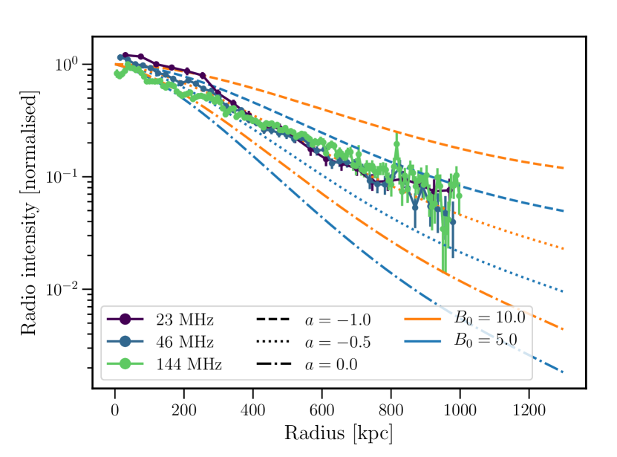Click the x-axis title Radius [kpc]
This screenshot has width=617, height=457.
point(339,432)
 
